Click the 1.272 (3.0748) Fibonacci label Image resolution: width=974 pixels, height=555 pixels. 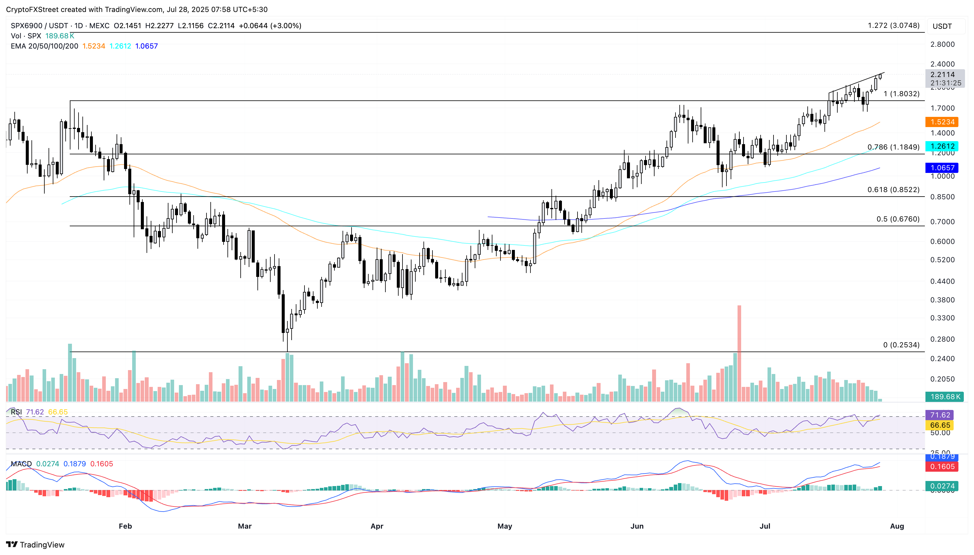pyautogui.click(x=893, y=25)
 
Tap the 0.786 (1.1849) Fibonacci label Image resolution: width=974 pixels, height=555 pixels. pyautogui.click(x=893, y=147)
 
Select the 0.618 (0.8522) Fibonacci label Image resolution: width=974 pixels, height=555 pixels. pyautogui.click(x=893, y=189)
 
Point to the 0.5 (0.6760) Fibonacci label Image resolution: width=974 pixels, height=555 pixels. pyautogui.click(x=898, y=219)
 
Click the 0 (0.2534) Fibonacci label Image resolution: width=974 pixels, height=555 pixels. pyautogui.click(x=901, y=345)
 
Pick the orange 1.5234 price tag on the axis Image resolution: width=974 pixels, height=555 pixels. pyautogui.click(x=942, y=122)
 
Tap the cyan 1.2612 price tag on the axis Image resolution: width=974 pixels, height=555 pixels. pyautogui.click(x=942, y=146)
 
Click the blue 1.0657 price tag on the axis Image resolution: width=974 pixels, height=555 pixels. pyautogui.click(x=942, y=168)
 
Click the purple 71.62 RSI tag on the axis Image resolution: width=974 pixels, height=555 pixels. pyautogui.click(x=940, y=415)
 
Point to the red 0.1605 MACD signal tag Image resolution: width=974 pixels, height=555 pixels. pyautogui.click(x=942, y=467)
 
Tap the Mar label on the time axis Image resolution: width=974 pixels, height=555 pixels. pyautogui.click(x=245, y=526)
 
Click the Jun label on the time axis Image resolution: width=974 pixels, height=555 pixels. pyautogui.click(x=637, y=526)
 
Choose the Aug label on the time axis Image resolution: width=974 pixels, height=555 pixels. pyautogui.click(x=897, y=526)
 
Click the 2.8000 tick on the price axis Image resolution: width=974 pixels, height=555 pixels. pyautogui.click(x=942, y=44)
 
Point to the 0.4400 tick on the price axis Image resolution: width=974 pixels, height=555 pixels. pyautogui.click(x=942, y=281)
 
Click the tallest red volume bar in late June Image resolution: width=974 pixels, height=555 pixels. pyautogui.click(x=739, y=353)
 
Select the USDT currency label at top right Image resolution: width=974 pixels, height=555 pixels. pyautogui.click(x=942, y=26)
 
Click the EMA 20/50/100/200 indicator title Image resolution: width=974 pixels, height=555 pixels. pyautogui.click(x=44, y=46)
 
